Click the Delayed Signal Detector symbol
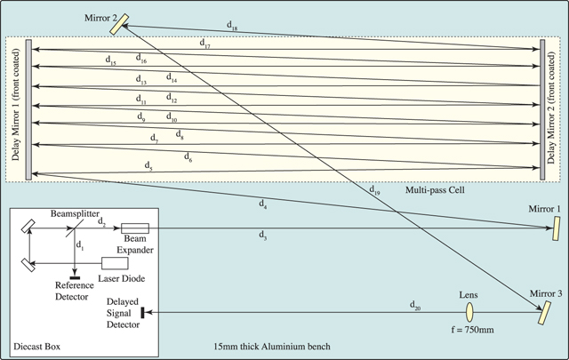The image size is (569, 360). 141,312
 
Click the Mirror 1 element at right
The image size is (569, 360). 545,230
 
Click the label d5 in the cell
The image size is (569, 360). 148,165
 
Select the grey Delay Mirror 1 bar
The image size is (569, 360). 30,108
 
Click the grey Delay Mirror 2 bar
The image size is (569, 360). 544,108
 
